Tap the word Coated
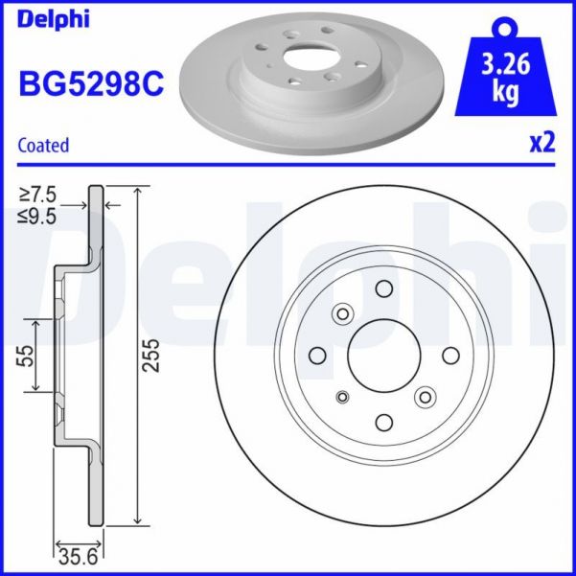pos(44,146)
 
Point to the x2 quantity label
pos(542,143)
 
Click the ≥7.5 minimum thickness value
pos(39,198)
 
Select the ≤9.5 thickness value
pos(39,218)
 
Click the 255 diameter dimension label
pos(150,356)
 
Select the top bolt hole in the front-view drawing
pos(384,289)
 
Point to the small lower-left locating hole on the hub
pos(344,396)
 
